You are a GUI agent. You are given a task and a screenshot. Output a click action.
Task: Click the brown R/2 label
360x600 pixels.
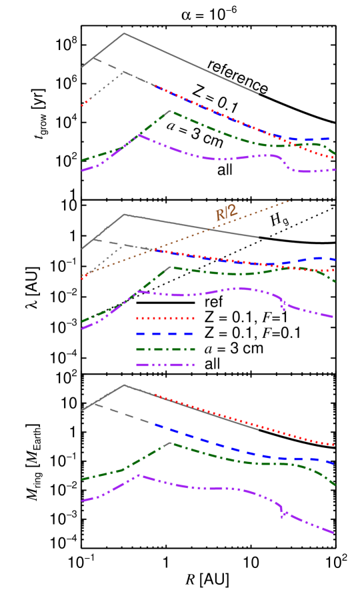[226, 213]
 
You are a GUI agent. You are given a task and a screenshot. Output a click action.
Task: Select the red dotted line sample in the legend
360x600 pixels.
[165, 319]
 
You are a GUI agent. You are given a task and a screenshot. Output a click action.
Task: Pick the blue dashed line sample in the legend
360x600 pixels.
[165, 334]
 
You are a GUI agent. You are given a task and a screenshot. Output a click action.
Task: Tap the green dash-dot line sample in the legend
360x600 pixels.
[165, 349]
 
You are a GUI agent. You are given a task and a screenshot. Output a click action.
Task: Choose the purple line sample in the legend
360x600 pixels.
[165, 365]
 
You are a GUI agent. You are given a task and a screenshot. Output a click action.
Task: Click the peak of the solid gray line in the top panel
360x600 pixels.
[124, 33]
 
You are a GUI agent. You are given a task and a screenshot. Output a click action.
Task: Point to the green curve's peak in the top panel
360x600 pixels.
[171, 111]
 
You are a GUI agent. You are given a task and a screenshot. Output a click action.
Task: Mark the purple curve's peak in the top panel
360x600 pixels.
[139, 135]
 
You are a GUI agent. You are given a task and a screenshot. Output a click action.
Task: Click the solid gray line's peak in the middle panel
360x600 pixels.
[124, 215]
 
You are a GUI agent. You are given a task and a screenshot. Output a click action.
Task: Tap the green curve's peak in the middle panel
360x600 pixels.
[171, 267]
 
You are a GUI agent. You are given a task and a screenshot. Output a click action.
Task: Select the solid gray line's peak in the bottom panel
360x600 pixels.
[125, 385]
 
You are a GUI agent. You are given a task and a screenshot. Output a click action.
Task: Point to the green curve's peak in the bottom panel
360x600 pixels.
[171, 443]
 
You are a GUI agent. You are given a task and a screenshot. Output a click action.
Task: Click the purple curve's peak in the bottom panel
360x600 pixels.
[139, 475]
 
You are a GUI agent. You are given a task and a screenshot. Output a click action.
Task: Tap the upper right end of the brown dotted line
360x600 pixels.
[288, 201]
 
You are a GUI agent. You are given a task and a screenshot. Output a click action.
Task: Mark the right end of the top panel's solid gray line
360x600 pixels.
[258, 94]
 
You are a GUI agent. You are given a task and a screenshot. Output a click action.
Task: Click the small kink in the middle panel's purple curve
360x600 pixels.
[283, 307]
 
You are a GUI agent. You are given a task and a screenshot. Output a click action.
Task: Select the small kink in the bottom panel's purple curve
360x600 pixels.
[283, 513]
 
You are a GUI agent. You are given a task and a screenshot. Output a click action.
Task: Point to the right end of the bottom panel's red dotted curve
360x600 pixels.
[333, 445]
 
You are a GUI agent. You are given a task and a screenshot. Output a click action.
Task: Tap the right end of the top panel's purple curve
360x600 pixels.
[335, 169]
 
